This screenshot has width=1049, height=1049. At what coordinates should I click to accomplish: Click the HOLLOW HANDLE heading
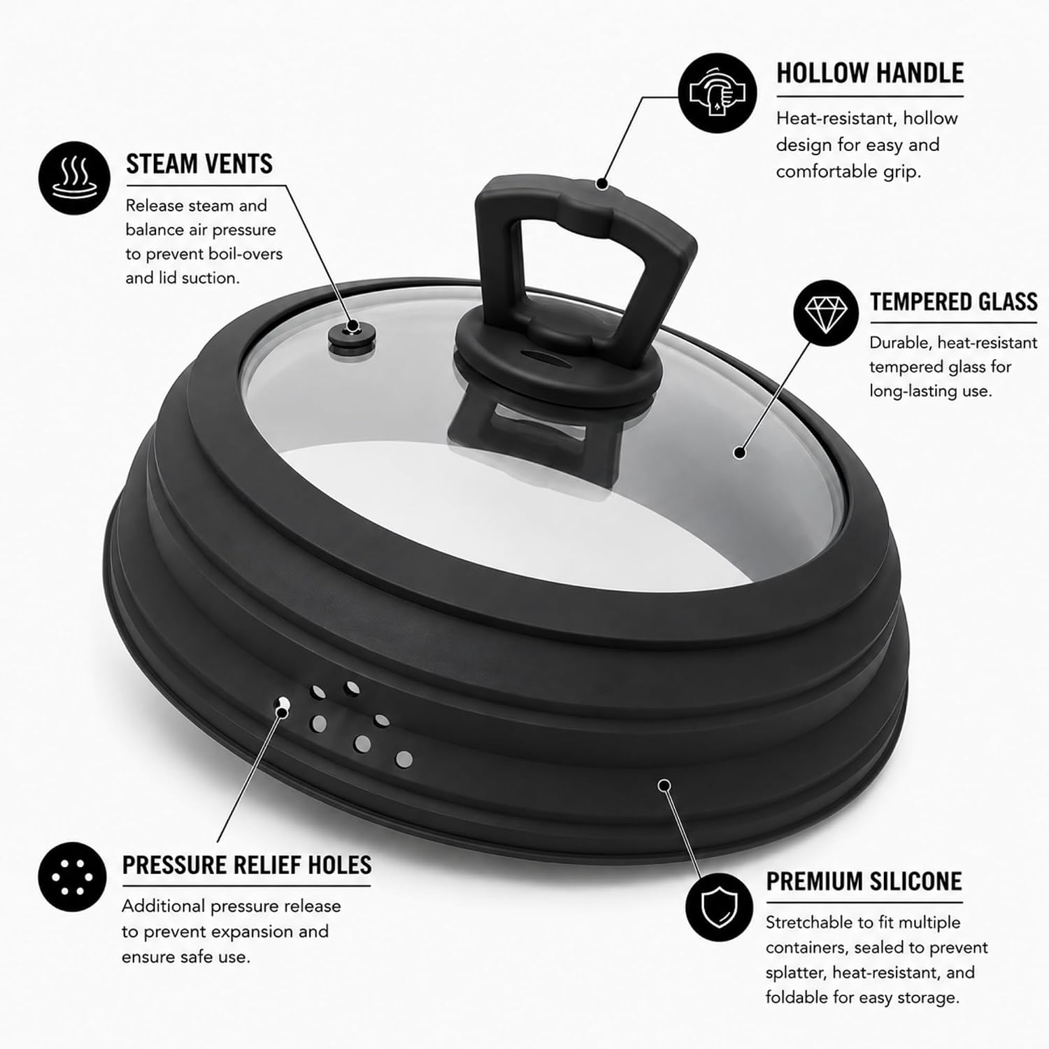(870, 73)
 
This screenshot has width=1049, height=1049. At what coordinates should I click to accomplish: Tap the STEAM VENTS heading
(199, 164)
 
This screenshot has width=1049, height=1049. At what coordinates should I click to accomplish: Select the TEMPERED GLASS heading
(954, 301)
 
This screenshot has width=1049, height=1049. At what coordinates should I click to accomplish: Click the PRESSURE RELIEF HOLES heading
(247, 865)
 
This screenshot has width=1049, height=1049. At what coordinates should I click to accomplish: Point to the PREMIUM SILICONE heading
(864, 881)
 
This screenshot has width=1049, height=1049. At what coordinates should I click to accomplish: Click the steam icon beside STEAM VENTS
(74, 178)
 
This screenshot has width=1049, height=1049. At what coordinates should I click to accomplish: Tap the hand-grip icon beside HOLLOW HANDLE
(718, 92)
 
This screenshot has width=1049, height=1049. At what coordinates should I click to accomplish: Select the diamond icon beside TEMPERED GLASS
(826, 313)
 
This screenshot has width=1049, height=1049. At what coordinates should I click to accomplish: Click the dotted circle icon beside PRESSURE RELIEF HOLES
(73, 877)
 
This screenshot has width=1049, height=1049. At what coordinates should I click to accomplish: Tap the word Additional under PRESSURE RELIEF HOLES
(164, 906)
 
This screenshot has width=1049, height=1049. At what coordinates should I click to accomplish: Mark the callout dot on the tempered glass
(739, 452)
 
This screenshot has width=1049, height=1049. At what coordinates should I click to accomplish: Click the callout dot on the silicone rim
(664, 785)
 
